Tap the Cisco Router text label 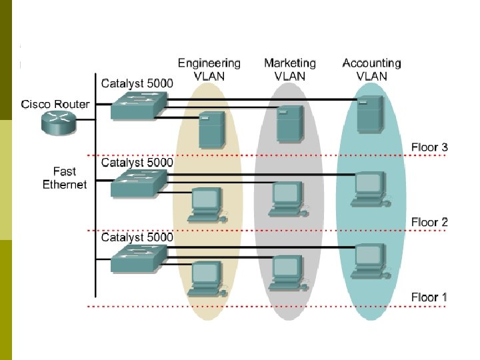tap(55, 104)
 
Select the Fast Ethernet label tap(65, 178)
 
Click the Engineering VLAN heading tap(209, 69)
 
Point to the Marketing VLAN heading tap(290, 69)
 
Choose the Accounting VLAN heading tap(371, 69)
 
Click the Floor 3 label tap(429, 147)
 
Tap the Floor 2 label tap(429, 222)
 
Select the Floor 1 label tap(429, 297)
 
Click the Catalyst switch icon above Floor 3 tap(137, 107)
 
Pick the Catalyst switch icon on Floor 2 tap(137, 182)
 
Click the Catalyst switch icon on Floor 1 tap(137, 257)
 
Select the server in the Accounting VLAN tap(370, 113)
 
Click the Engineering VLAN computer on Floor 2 tap(207, 204)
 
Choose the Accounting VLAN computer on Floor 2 tap(369, 188)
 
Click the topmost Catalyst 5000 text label tap(137, 84)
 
